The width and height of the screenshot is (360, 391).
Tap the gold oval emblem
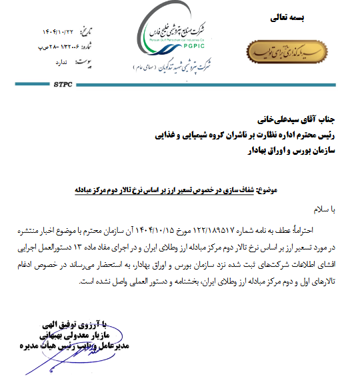tap(286, 52)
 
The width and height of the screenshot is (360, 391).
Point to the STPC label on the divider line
tap(61, 85)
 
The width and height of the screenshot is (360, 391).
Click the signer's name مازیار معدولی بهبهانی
tap(71, 336)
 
